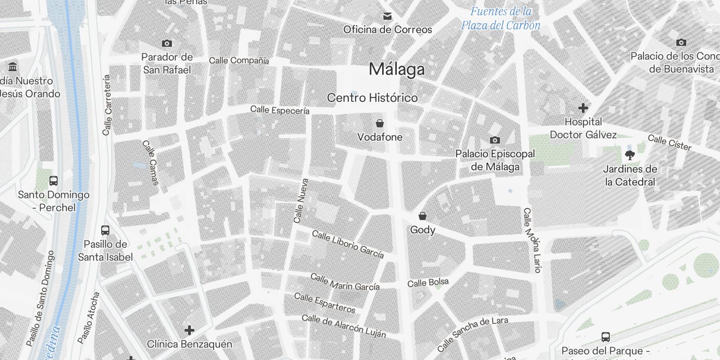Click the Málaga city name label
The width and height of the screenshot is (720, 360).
click(396, 69)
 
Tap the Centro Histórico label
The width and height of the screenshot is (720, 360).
click(372, 98)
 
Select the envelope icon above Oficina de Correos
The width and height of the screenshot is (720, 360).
click(387, 17)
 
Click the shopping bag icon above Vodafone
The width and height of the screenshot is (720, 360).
click(380, 123)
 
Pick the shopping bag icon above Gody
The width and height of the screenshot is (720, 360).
click(422, 216)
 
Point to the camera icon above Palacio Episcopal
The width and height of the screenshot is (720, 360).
click(495, 140)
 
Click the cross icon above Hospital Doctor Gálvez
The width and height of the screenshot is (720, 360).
click(583, 108)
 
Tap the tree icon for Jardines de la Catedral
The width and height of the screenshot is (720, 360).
click(630, 155)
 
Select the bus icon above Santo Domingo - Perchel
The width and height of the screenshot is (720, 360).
click(54, 181)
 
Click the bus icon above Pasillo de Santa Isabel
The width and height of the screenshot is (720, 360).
click(105, 230)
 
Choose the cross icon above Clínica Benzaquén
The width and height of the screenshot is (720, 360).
click(189, 330)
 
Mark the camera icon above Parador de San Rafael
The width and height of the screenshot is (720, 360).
click(167, 43)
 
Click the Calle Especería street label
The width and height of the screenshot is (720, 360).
click(279, 110)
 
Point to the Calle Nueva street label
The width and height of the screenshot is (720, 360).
click(301, 201)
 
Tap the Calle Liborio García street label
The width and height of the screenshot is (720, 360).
click(348, 245)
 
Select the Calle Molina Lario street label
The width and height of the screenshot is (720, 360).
click(531, 240)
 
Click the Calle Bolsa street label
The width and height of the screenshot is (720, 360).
click(428, 283)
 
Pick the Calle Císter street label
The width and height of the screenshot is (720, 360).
click(669, 142)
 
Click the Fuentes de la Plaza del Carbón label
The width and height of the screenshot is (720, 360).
click(500, 18)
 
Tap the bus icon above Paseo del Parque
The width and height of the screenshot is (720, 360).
click(605, 337)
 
